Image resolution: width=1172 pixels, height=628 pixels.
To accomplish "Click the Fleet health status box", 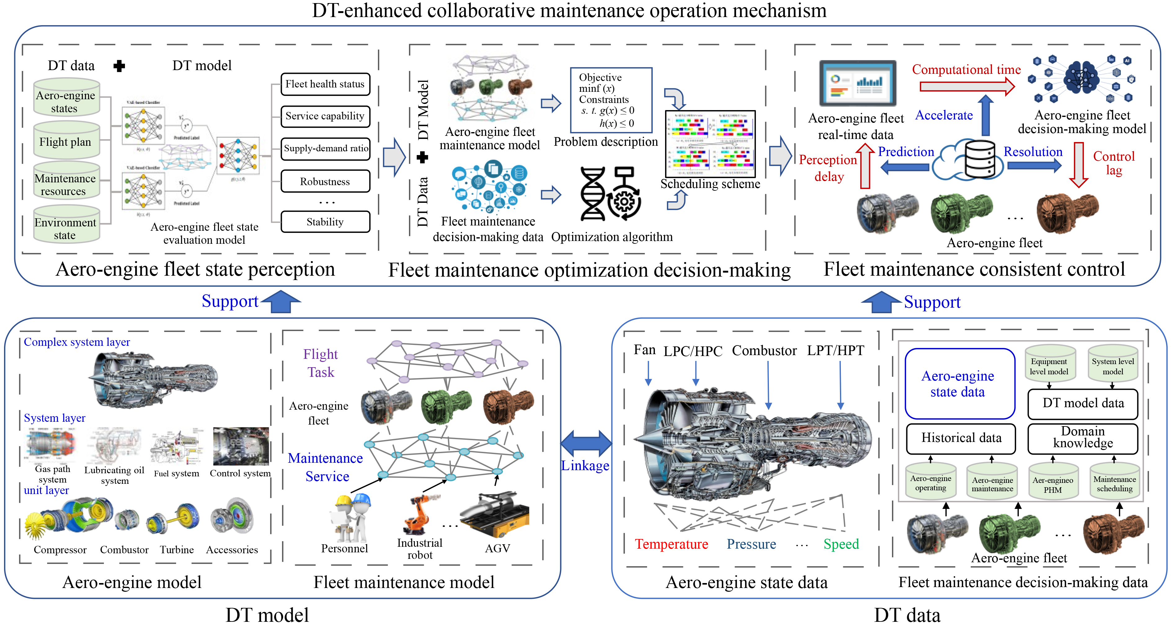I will pos(325,84).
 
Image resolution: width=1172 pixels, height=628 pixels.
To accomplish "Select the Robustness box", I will pos(325,181).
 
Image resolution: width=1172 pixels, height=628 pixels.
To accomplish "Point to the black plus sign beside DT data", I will pos(119,66).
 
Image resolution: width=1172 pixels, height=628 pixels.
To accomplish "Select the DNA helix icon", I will pos(593,194).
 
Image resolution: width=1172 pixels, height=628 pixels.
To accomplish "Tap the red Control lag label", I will pos(1114,163).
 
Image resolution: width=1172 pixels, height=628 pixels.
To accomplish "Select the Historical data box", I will pos(961,438).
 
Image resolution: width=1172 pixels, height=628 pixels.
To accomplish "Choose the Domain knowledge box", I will pos(1082,438).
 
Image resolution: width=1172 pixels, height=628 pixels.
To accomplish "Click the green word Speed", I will pos(841,544).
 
